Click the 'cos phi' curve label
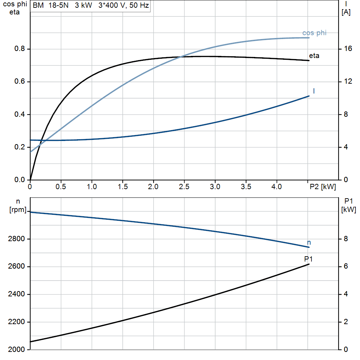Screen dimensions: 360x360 [x=314, y=33]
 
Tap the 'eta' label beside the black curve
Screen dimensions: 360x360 [x=314, y=56]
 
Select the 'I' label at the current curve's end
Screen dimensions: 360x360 [x=314, y=91]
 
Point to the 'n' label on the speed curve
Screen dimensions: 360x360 [x=309, y=243]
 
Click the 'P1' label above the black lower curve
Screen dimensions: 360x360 [x=308, y=259]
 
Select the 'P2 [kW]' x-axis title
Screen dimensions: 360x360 [x=323, y=187]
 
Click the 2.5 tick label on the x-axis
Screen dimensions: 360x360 [x=184, y=187]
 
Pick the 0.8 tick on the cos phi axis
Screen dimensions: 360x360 [x=20, y=49]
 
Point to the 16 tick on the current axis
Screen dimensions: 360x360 [x=348, y=49]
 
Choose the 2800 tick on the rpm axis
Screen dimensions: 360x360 [x=16, y=239]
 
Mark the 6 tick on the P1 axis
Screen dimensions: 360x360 [x=346, y=266]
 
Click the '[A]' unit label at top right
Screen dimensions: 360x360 [x=346, y=12]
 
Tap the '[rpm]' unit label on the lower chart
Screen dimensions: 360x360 [x=18, y=210]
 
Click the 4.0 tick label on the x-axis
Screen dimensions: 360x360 [x=277, y=187]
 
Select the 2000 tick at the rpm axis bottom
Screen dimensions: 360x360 [x=16, y=349]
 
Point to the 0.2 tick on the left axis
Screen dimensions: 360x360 [x=20, y=147]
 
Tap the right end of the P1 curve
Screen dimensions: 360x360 [x=309, y=264]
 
